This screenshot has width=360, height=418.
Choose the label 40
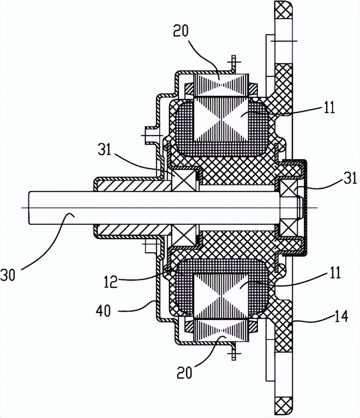pos(103,310)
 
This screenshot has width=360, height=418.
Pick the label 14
pos(341,317)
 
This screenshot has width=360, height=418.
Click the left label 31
pos(104,150)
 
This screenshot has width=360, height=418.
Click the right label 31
pos(350,178)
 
